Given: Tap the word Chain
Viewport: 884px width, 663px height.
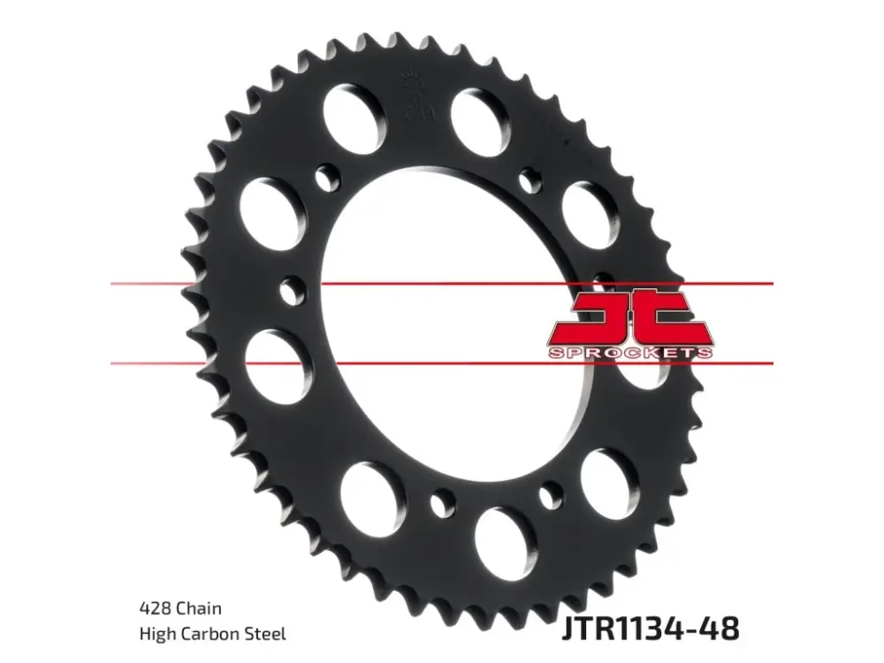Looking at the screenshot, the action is [x=199, y=608].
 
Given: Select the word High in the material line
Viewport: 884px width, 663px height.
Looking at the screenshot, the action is [x=157, y=634].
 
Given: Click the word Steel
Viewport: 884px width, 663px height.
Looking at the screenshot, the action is [x=266, y=634].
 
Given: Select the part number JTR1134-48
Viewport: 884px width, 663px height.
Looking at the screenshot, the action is [x=650, y=628].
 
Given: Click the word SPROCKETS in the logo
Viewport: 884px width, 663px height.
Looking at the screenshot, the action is [x=629, y=354].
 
